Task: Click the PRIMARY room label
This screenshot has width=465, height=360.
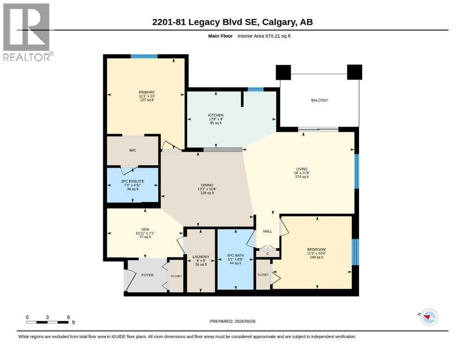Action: tap(147, 92)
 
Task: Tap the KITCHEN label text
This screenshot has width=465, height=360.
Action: tap(216, 115)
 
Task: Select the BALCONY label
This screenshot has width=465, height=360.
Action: tap(319, 100)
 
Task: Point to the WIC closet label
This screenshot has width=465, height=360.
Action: tap(133, 150)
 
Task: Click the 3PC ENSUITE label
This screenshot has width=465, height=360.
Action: tap(133, 181)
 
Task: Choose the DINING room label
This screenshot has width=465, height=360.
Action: tap(207, 185)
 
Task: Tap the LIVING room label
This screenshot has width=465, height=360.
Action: tap(302, 169)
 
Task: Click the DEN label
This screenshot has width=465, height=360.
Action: tap(145, 229)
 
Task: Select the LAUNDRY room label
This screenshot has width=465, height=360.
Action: tap(201, 257)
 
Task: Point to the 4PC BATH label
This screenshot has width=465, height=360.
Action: tap(236, 255)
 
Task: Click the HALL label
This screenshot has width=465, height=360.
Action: tap(267, 232)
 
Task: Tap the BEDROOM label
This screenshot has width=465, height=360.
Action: tap(317, 249)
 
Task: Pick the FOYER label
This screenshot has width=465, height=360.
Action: tap(148, 276)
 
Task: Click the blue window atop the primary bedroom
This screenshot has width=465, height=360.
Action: tap(144, 56)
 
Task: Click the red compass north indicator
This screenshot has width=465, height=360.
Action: tap(427, 317)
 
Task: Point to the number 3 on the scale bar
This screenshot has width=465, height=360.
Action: tap(47, 317)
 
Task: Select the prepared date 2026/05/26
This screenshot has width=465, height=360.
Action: tap(245, 321)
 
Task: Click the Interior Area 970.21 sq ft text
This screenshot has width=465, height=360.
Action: tap(264, 36)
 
